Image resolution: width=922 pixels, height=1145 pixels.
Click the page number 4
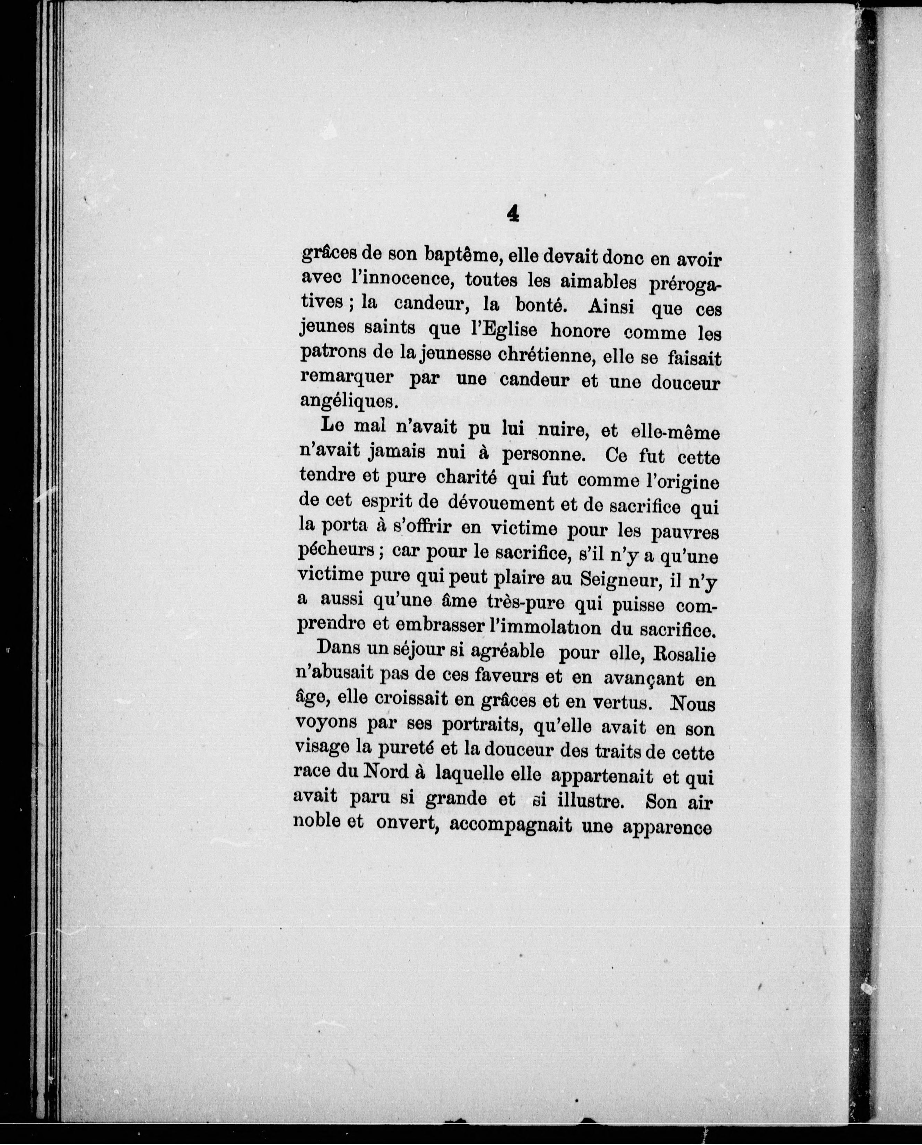pos(513,213)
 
